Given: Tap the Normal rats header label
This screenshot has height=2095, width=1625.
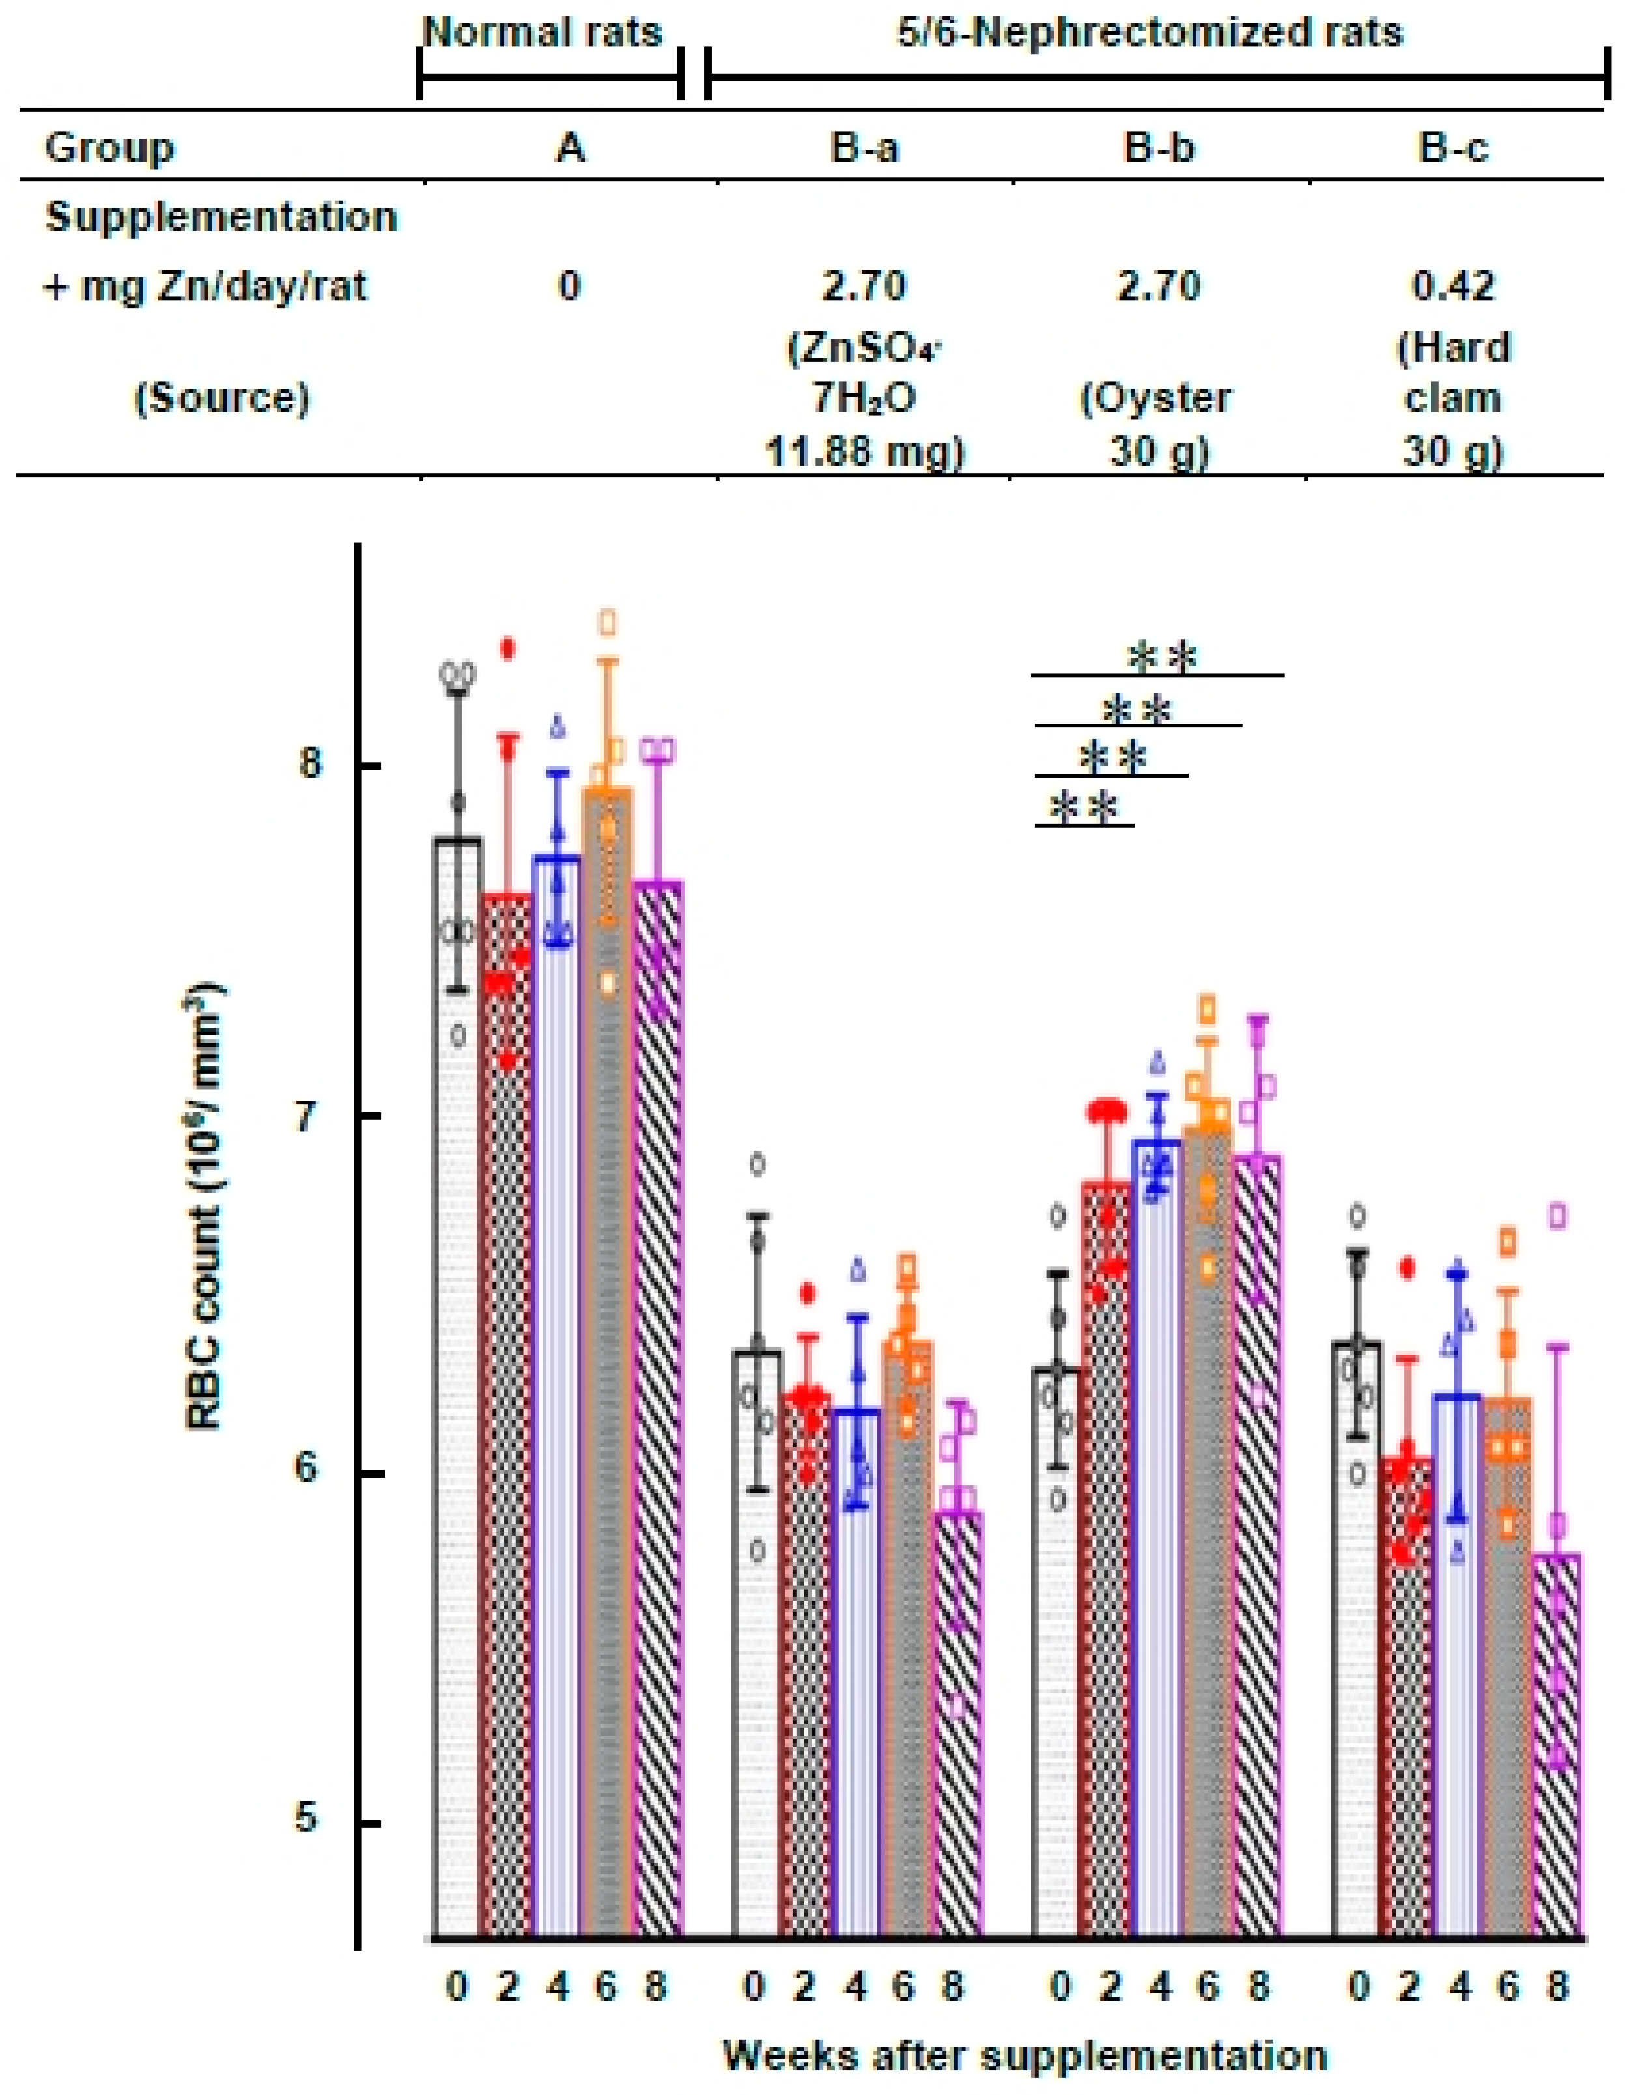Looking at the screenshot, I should coord(543,34).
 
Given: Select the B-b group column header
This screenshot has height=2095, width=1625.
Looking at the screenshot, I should coord(1161,148).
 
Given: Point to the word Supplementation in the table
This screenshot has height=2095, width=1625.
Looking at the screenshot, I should coord(221,217).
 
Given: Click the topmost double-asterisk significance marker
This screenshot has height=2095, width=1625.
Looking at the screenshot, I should coord(1163,658).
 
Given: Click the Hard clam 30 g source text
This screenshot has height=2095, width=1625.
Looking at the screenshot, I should coord(1454,397).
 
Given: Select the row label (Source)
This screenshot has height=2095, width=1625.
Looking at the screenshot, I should coord(221,397).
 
